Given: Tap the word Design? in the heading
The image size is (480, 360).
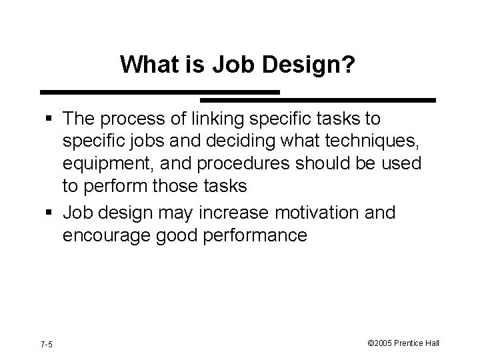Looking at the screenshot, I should click(x=317, y=65).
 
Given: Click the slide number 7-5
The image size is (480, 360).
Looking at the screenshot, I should click(x=47, y=344).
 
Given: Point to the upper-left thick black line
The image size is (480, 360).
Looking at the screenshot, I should click(x=160, y=91).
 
